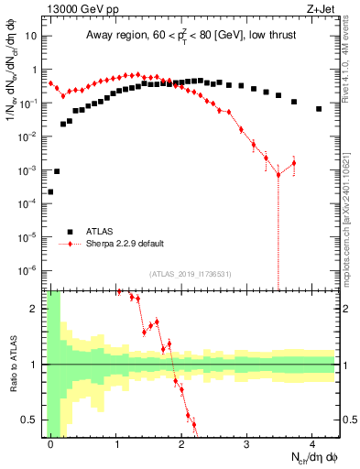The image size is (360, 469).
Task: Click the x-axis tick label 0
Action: click(50, 444)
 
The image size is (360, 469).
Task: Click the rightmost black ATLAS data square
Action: click(319, 109)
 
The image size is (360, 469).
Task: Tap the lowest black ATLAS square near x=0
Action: click(50, 192)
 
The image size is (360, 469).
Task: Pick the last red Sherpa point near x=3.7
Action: click(294, 163)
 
